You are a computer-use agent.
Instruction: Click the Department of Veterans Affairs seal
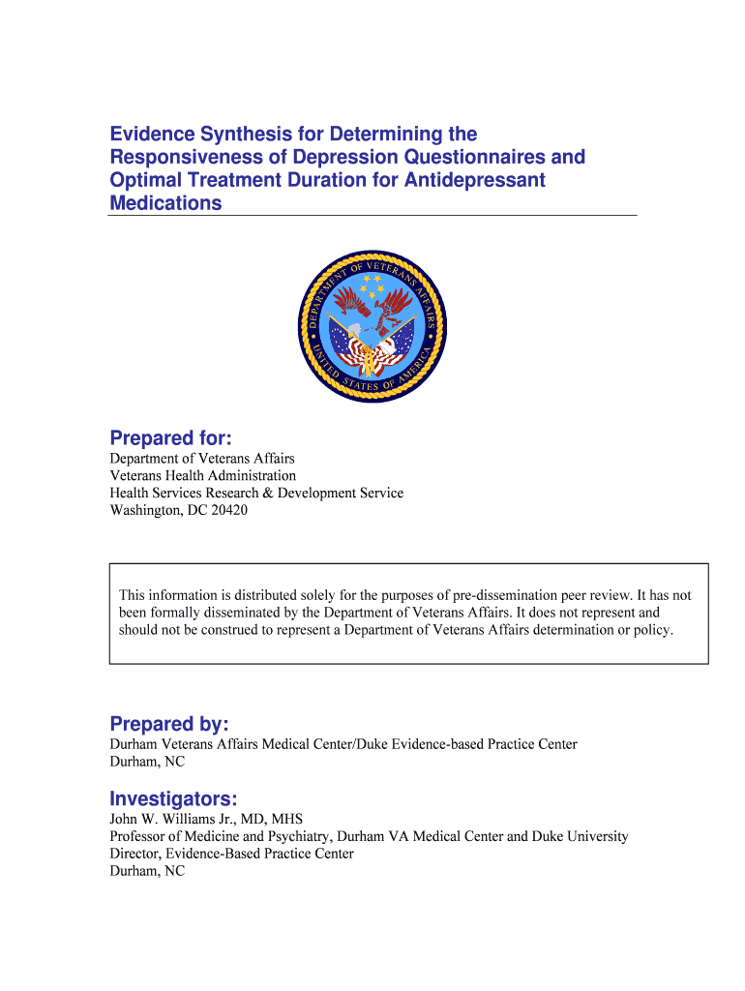coord(372,328)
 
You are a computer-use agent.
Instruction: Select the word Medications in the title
coord(165,203)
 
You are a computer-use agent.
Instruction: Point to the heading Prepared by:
coord(169,724)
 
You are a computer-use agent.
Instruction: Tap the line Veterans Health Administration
coord(203,475)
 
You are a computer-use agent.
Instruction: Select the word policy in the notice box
coord(652,630)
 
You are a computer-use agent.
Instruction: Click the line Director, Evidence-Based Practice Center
coord(231,854)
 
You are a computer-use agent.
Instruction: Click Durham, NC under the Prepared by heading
coord(147,762)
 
